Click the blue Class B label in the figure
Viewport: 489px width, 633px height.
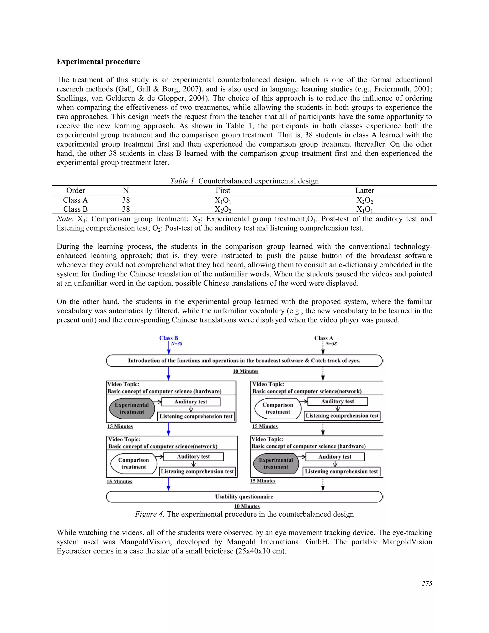168,338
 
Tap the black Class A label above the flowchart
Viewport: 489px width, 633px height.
324,338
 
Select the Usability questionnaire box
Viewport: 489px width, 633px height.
244,497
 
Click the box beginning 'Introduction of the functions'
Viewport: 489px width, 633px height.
244,360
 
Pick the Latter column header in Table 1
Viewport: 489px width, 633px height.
364,190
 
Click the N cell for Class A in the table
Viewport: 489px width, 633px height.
126,200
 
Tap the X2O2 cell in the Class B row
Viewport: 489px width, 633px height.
223,209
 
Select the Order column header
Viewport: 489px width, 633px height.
76,190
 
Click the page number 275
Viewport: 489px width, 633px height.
427,584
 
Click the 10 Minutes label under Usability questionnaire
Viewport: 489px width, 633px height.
247,506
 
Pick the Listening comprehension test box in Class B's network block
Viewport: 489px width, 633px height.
197,471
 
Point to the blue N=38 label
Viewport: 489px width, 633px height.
176,344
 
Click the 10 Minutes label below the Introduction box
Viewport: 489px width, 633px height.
245,371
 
